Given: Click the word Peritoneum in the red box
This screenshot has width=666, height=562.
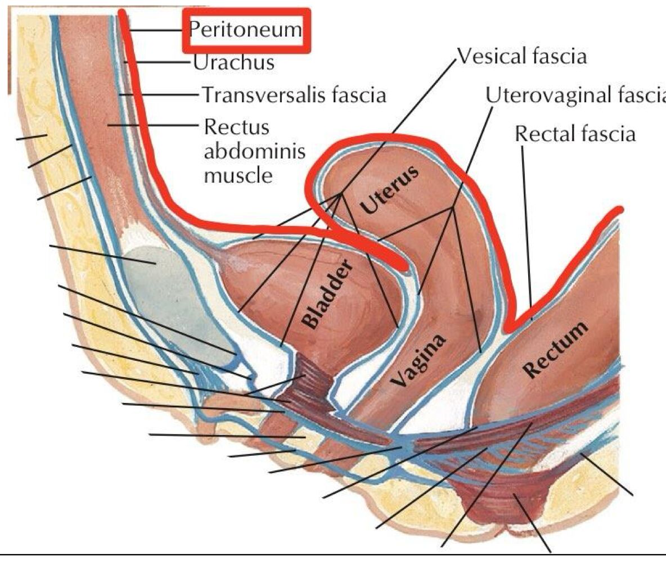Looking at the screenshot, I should [x=245, y=29].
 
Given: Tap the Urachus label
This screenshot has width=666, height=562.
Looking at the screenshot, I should [x=233, y=62].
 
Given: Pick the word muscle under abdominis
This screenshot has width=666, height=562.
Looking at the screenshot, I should [x=238, y=175].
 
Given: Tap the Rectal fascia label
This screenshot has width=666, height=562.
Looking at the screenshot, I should [x=575, y=134].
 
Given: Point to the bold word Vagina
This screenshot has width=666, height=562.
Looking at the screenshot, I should [x=419, y=360].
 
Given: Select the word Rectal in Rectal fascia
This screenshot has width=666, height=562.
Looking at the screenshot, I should [x=545, y=134].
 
